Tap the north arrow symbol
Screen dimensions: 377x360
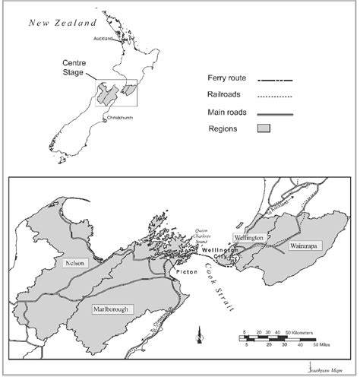pyautogui.click(x=199, y=332)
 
